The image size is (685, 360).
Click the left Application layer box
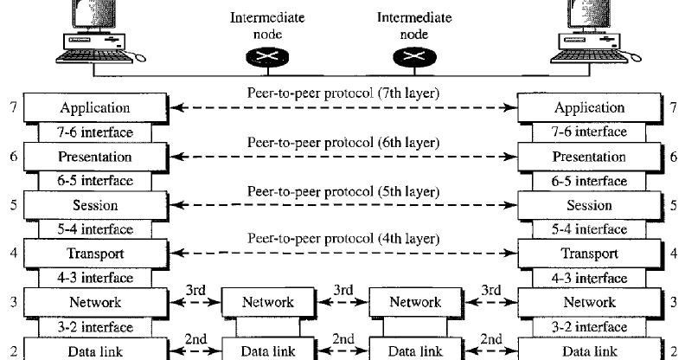95,108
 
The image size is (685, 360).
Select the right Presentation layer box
589,157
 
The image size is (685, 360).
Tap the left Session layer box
95,206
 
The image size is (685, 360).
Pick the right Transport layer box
589,254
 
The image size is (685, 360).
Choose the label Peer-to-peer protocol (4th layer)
342,238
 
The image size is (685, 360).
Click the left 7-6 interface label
95,132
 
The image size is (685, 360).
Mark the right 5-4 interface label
589,230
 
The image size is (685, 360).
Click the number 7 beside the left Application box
11,108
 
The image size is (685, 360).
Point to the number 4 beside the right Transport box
674,254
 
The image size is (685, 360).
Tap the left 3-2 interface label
95,327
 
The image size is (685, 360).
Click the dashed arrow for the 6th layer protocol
342,157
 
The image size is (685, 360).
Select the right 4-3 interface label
589,279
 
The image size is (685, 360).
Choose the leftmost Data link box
95,351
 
